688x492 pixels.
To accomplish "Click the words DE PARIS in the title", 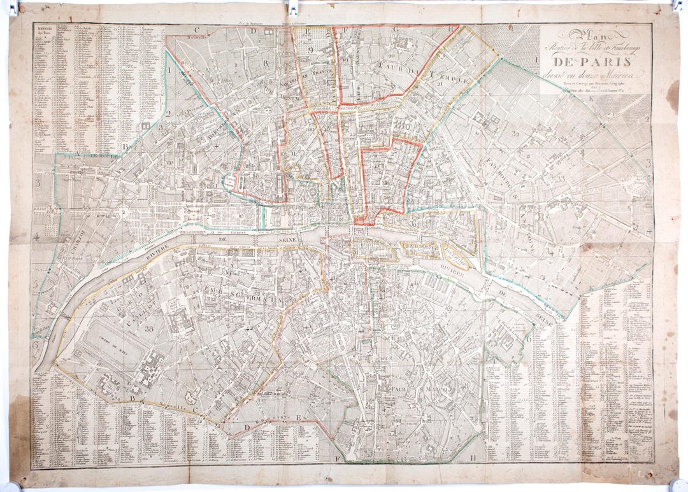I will pos(592,62).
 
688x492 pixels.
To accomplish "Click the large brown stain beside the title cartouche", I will pos(672,95).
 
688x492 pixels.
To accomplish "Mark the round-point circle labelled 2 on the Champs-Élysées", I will pos(122,213).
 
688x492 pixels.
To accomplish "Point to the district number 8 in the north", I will pos(264,63).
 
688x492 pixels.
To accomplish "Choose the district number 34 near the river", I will pos(549,251).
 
